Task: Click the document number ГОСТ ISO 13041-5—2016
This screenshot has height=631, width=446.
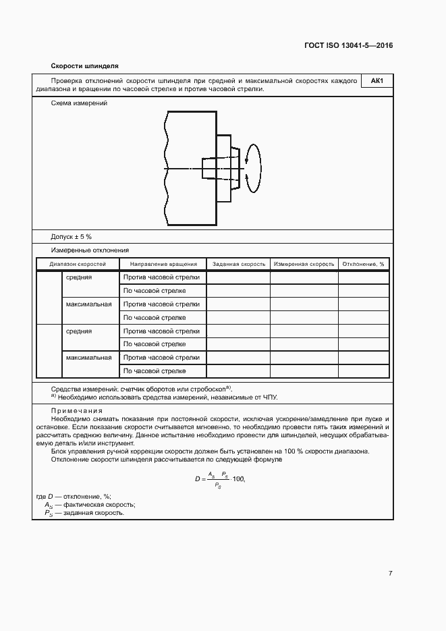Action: (348, 46)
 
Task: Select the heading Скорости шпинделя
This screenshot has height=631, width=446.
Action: (85, 66)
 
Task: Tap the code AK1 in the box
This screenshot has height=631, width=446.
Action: (377, 82)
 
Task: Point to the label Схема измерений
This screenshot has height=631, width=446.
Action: (79, 103)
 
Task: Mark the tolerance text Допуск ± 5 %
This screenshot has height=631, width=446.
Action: (72, 237)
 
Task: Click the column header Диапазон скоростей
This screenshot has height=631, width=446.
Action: (78, 264)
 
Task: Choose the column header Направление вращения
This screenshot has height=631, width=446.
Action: (163, 264)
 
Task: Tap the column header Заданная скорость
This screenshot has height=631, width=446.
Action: (239, 264)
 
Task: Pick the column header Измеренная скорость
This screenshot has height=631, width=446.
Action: (304, 264)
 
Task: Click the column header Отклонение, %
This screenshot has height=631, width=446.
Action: (363, 264)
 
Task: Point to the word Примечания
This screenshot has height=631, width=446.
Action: (77, 410)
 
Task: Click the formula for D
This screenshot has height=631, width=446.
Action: (219, 478)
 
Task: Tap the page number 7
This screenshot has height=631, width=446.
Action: (390, 573)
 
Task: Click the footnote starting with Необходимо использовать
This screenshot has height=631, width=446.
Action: (168, 397)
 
